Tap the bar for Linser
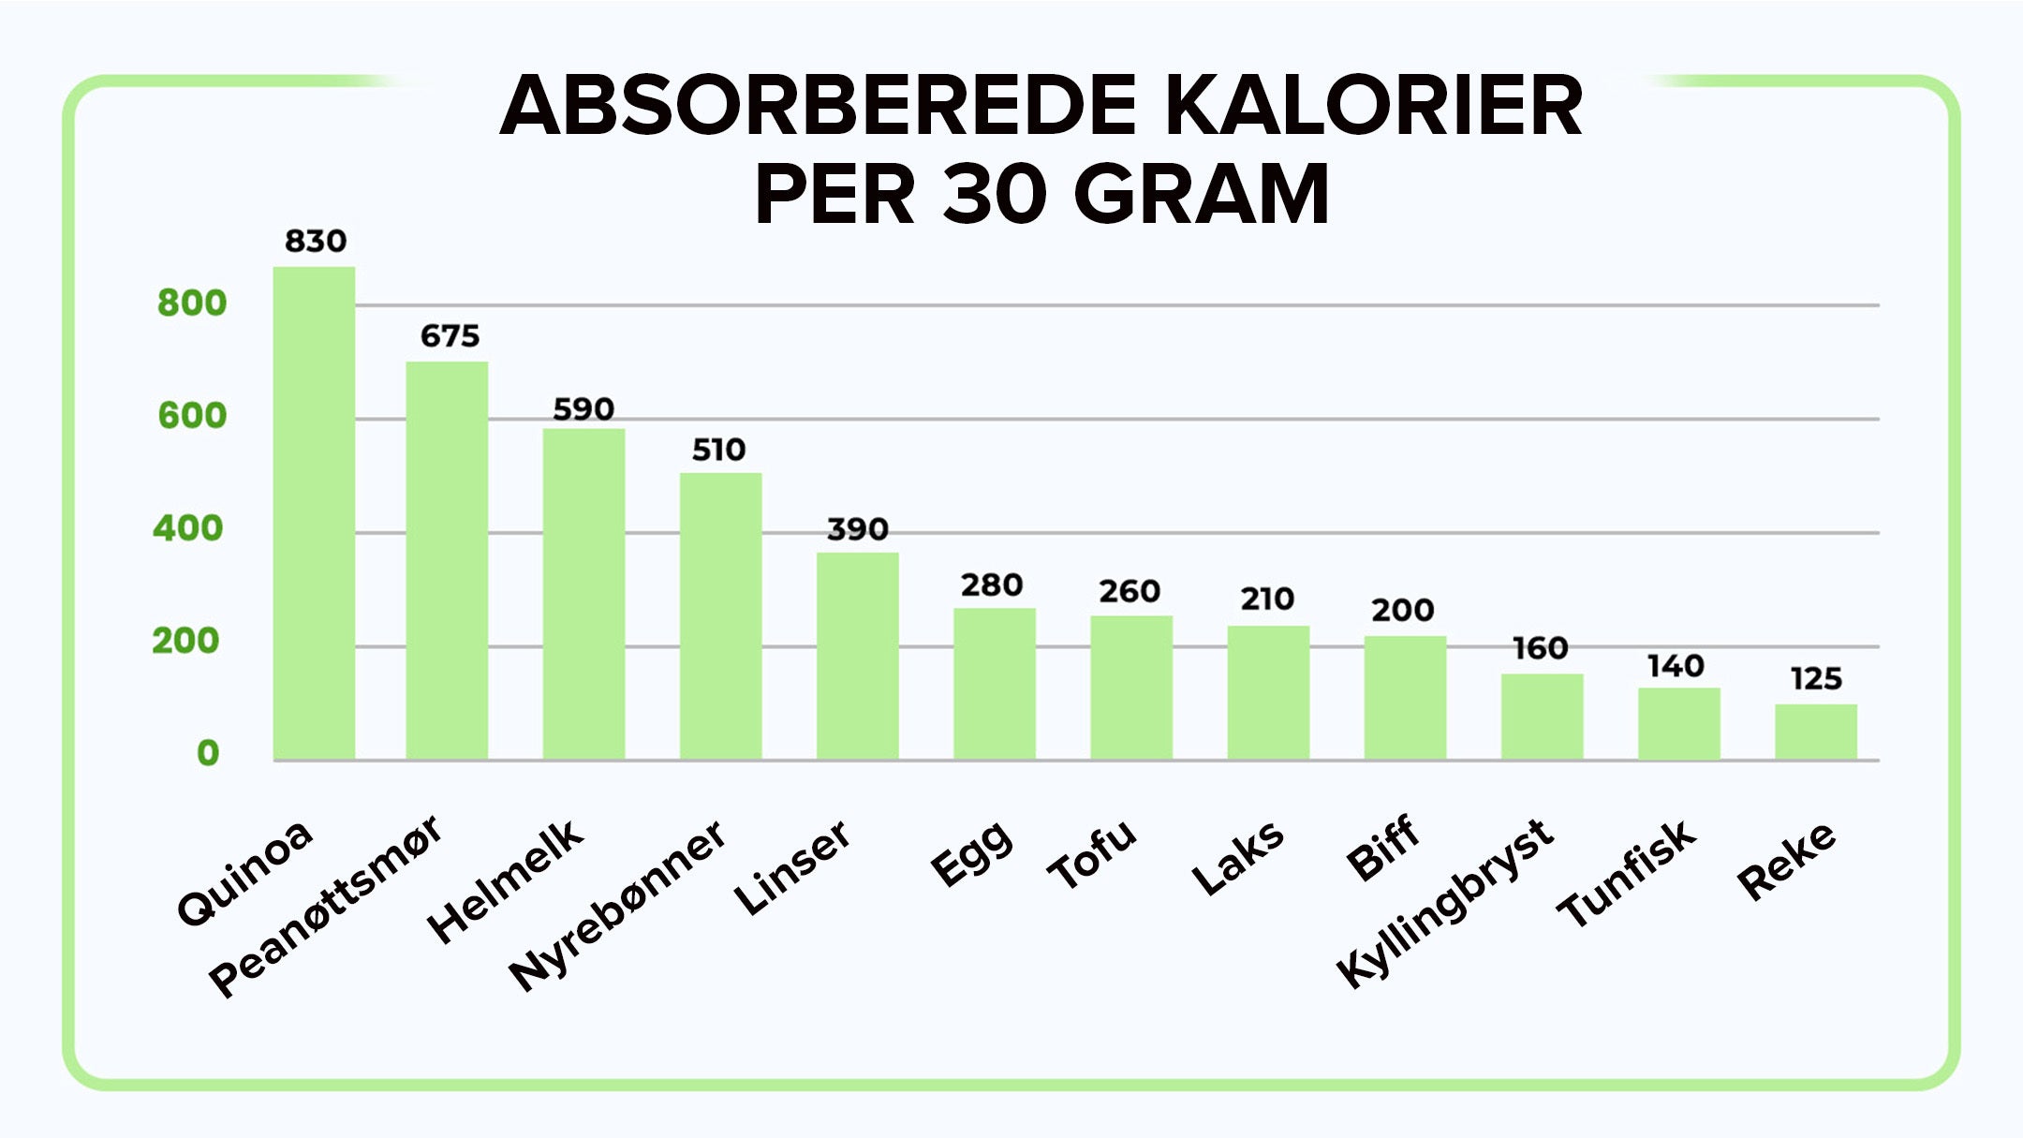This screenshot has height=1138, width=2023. pos(857,656)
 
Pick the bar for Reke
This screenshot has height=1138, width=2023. pos(1815,732)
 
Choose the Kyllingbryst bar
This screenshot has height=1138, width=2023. pos(1542,717)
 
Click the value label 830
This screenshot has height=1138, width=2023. pos(316,242)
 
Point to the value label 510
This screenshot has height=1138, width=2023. pos(718,451)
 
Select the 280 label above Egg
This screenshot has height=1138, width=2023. pos(992,585)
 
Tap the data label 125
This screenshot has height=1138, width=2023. pos(1816,679)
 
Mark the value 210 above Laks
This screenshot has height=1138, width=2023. pos(1267,599)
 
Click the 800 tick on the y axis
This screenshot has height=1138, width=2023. pos(192,303)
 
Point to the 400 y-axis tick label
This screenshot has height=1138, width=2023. pos(188,529)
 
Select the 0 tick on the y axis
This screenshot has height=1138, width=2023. pos(208,753)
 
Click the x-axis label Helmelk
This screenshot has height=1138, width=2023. pos(506,880)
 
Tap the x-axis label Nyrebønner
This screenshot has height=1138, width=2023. pos(618,904)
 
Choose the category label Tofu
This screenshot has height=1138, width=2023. pos(1092,854)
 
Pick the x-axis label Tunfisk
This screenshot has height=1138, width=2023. pos(1627,873)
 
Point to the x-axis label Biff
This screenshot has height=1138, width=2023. pos(1383,848)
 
